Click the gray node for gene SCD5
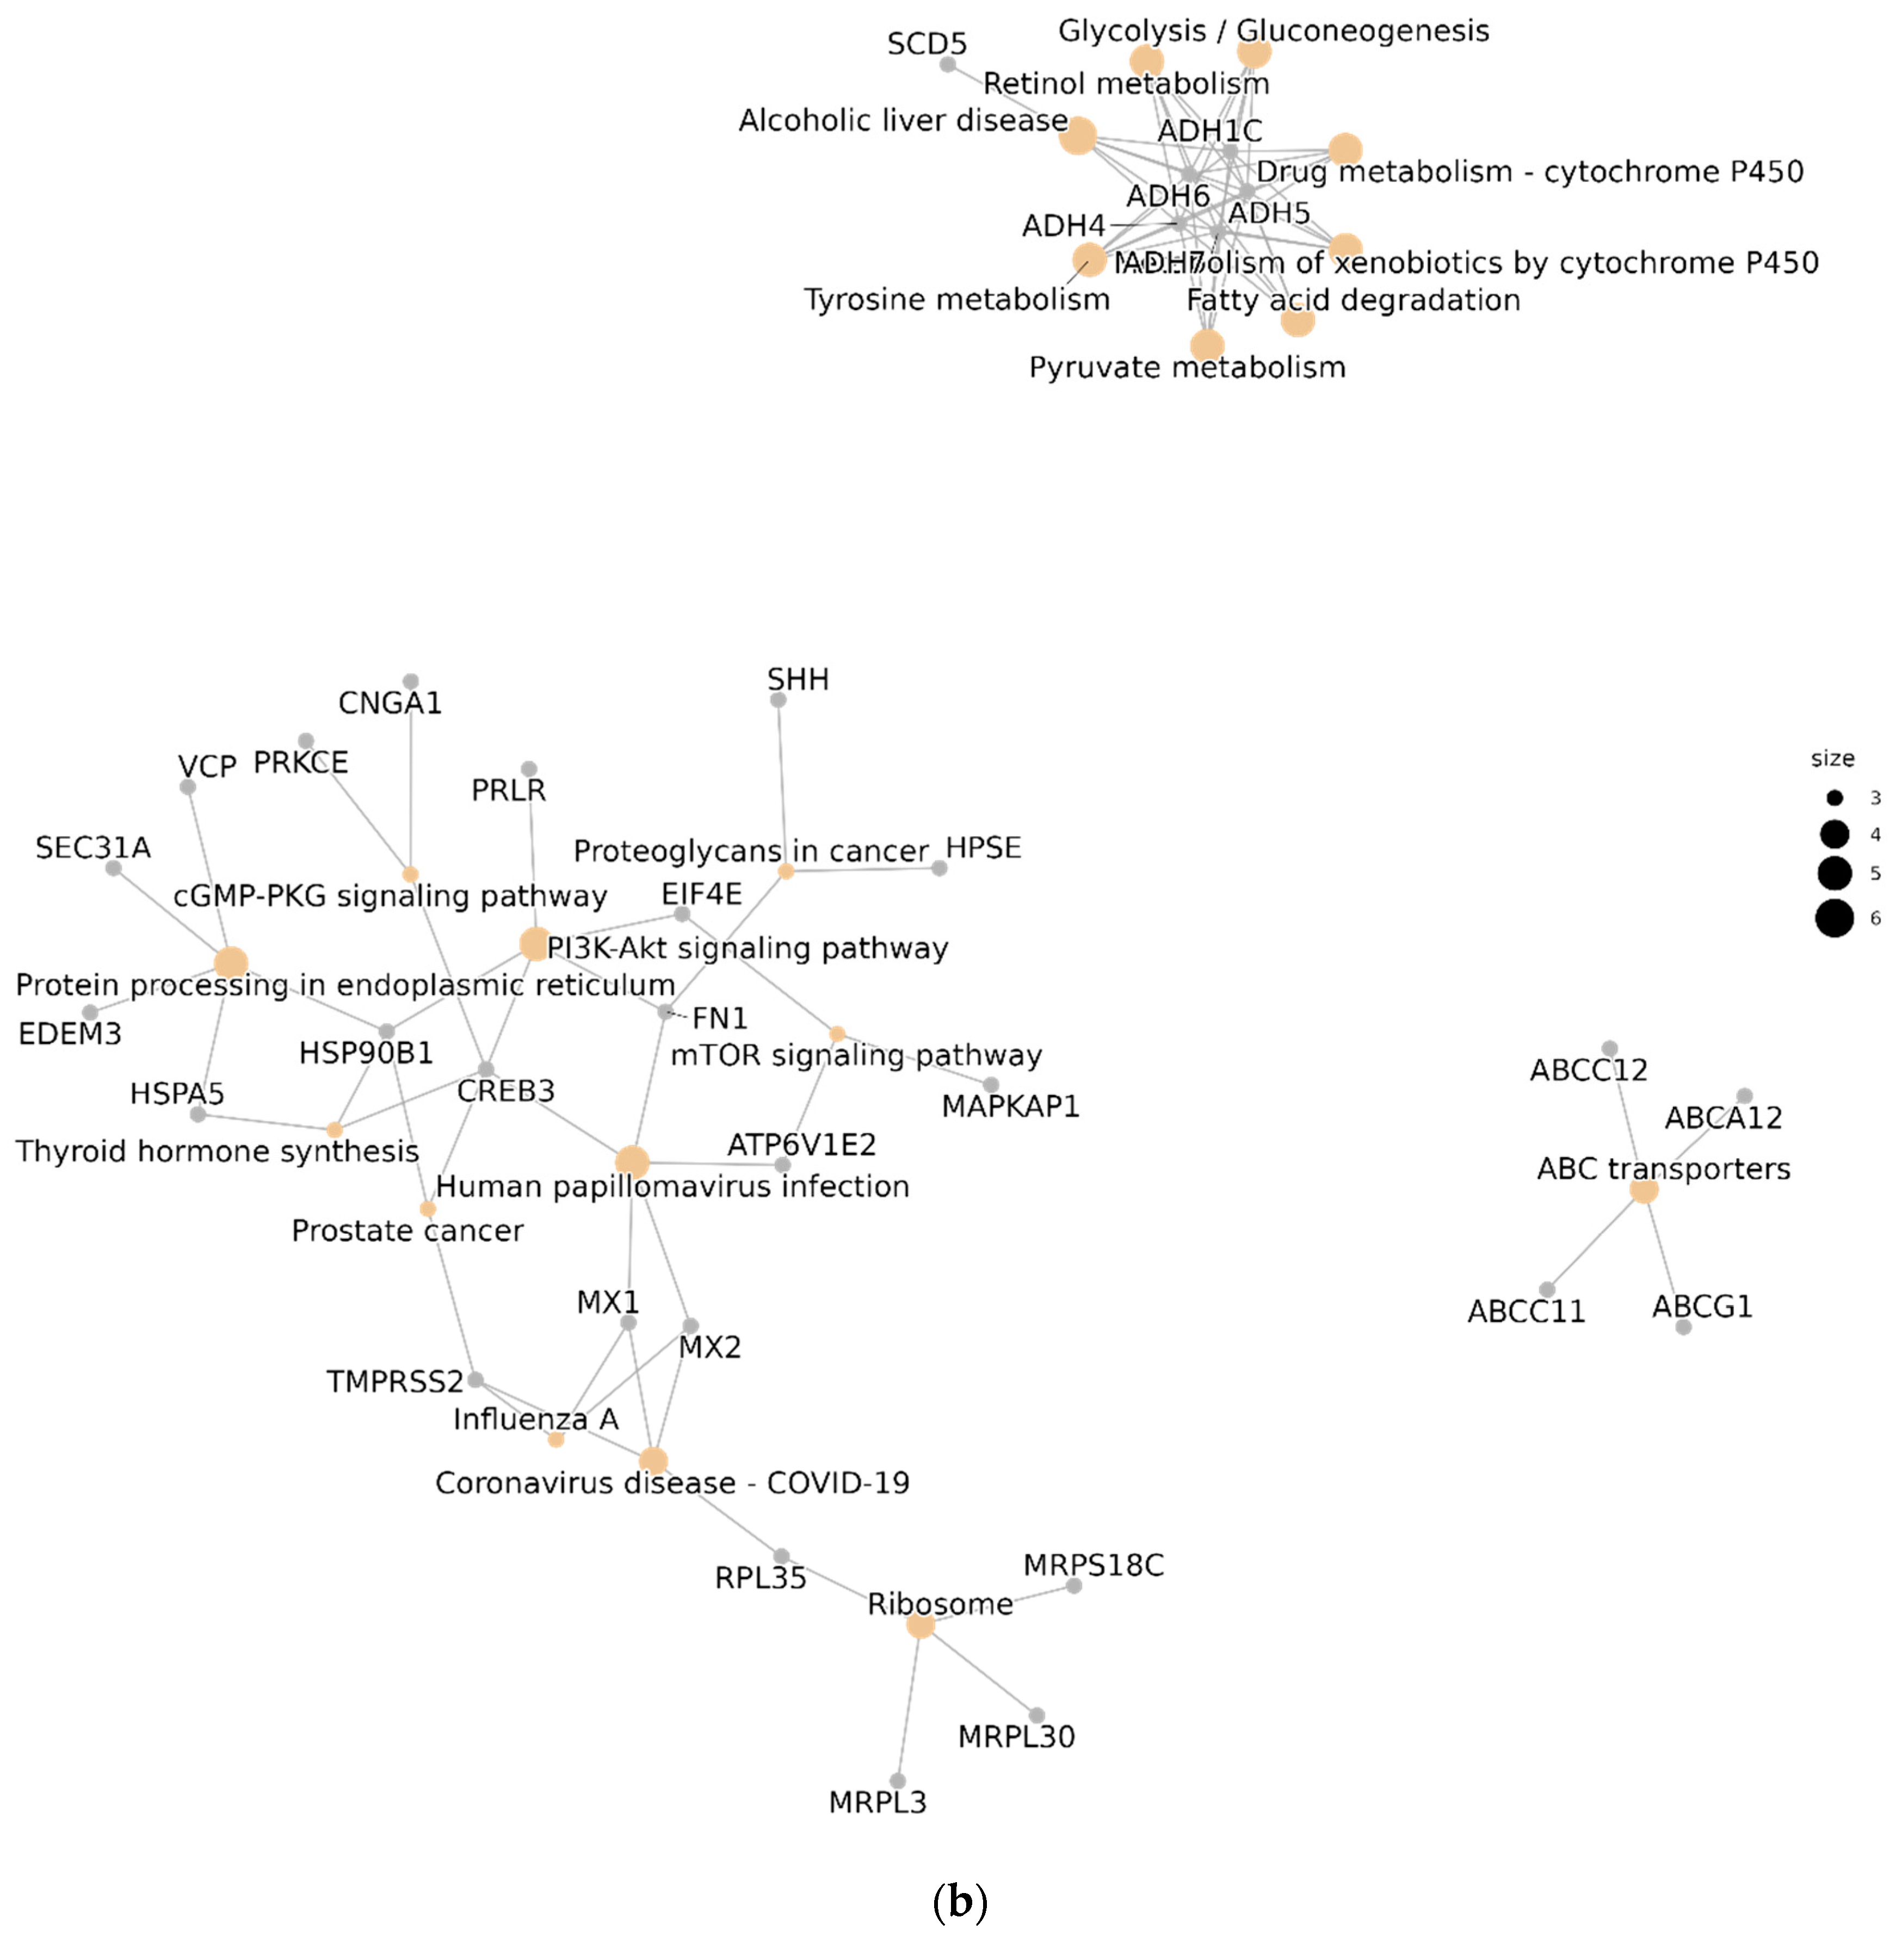[x=948, y=65]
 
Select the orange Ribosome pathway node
[x=920, y=1625]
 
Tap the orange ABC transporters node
[x=1643, y=1190]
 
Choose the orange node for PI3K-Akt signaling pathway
[x=534, y=943]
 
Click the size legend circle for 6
[x=1834, y=918]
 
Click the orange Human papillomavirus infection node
[x=631, y=1162]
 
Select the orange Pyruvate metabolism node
[x=1207, y=345]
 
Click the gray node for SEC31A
[x=114, y=868]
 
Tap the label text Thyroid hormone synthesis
[x=217, y=1152]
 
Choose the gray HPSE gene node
[x=939, y=868]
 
